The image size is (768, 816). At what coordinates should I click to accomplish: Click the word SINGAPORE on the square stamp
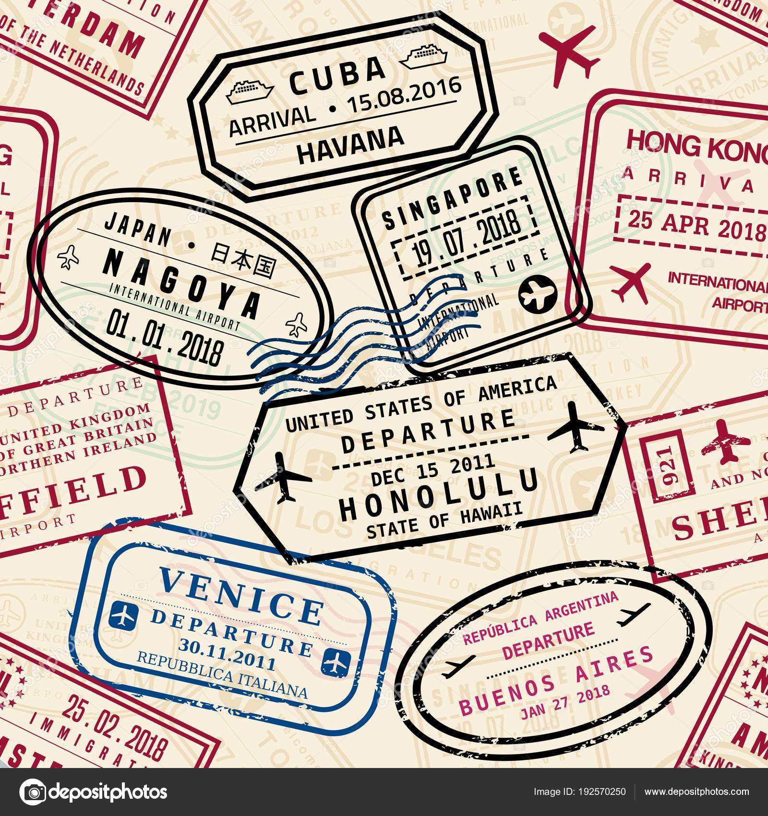(x=451, y=197)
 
